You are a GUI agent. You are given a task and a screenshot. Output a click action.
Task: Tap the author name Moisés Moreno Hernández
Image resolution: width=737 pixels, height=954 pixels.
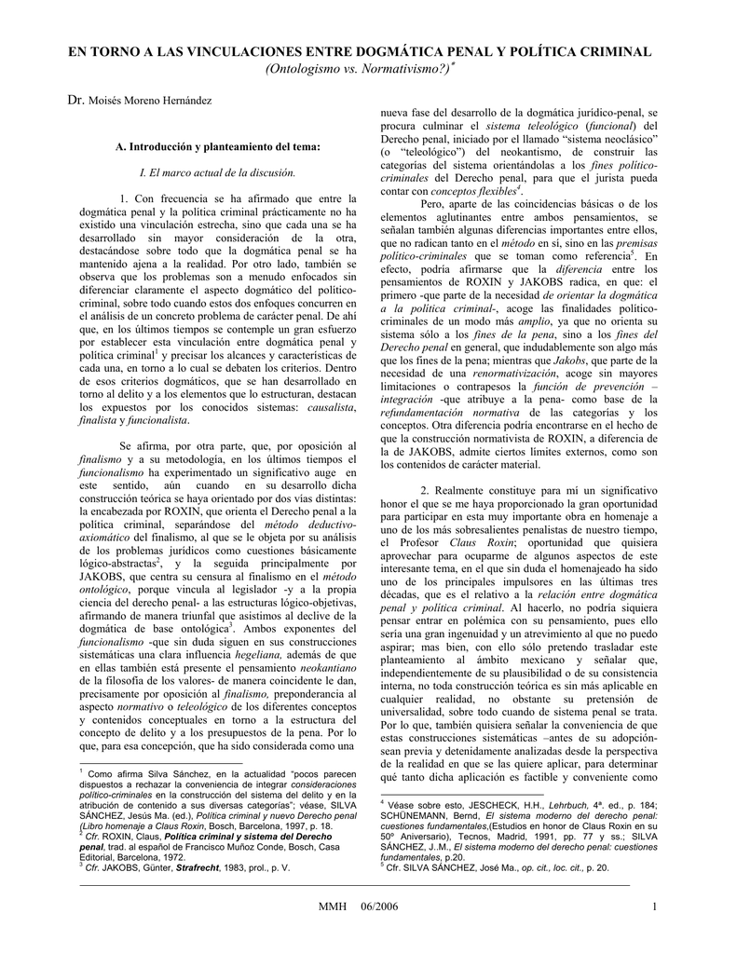point(150,100)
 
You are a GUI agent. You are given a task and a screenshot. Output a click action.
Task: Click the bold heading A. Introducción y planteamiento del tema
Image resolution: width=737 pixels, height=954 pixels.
point(217,146)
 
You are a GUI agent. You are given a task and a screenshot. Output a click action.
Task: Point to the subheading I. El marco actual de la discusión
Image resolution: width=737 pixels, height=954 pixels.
point(216,172)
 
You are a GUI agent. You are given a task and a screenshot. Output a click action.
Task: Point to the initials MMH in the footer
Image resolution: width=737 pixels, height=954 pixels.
point(332,907)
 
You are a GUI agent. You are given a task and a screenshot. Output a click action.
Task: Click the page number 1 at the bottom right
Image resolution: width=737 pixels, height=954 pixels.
point(655,907)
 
